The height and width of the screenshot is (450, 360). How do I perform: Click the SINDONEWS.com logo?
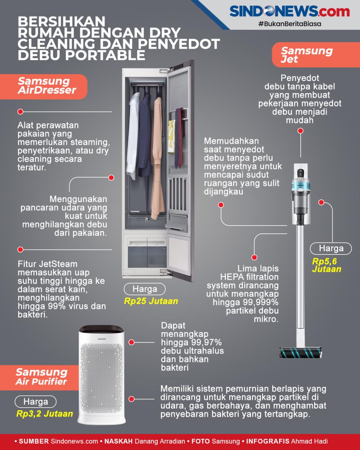coord(289,11)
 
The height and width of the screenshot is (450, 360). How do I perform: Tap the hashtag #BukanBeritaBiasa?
coord(289,24)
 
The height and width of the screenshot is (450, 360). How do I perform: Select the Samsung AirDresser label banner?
coord(43,87)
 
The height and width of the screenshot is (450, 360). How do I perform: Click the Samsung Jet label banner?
coord(316,55)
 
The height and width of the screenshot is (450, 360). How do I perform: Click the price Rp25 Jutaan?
coord(151,301)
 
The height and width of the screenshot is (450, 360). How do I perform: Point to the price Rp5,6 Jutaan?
coord(327,265)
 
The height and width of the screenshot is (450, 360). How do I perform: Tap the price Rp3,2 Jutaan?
coord(45,414)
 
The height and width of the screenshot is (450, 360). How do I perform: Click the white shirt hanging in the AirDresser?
coord(133,136)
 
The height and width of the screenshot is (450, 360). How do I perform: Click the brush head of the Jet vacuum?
coord(301,353)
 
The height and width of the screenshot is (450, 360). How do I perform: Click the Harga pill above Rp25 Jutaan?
coord(145,289)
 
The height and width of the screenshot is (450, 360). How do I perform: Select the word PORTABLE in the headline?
coord(105,55)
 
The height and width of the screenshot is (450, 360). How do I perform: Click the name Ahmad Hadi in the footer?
coord(309,441)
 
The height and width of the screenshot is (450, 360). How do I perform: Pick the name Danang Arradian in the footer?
coord(160,441)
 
